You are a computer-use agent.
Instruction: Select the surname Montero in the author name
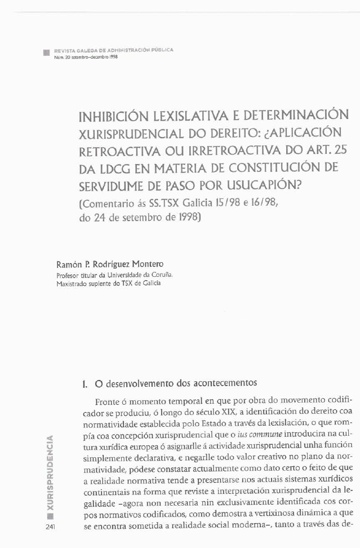(x=146, y=264)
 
